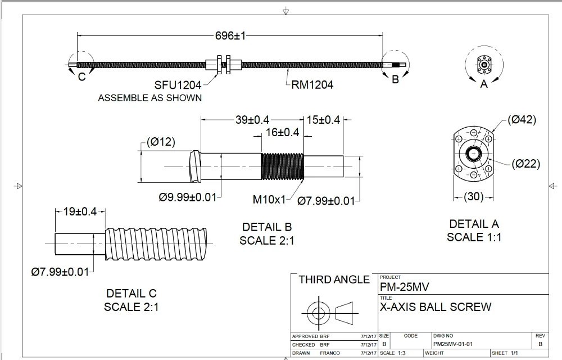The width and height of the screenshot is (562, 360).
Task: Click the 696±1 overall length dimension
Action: [230, 35]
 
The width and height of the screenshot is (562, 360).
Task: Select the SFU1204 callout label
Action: [178, 85]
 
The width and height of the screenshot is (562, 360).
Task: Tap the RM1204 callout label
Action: [312, 85]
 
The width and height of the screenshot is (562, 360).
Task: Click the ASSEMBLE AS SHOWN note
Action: [149, 98]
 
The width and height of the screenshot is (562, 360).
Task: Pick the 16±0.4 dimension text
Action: [282, 133]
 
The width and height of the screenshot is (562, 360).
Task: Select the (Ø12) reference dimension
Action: [161, 142]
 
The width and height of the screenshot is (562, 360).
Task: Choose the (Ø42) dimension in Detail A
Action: [522, 119]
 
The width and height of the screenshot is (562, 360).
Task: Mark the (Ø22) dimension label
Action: [525, 164]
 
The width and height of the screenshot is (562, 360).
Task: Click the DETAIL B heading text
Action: [267, 227]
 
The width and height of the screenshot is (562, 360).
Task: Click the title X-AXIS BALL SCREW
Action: [436, 307]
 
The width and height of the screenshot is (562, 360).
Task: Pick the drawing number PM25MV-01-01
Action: [453, 344]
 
